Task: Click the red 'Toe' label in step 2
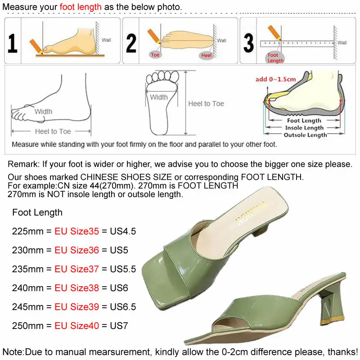[x=155, y=54]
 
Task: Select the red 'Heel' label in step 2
[x=206, y=55]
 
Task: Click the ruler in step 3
[x=297, y=44]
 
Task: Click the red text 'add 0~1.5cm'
[x=275, y=79]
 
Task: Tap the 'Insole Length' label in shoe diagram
[x=304, y=128]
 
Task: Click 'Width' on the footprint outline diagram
[x=159, y=97]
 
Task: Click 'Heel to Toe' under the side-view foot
[x=53, y=131]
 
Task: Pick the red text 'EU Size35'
[x=76, y=231]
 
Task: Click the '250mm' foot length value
[x=26, y=325]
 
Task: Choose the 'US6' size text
[x=119, y=288]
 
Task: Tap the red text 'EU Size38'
[x=76, y=288]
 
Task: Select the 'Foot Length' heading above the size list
[x=37, y=212]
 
